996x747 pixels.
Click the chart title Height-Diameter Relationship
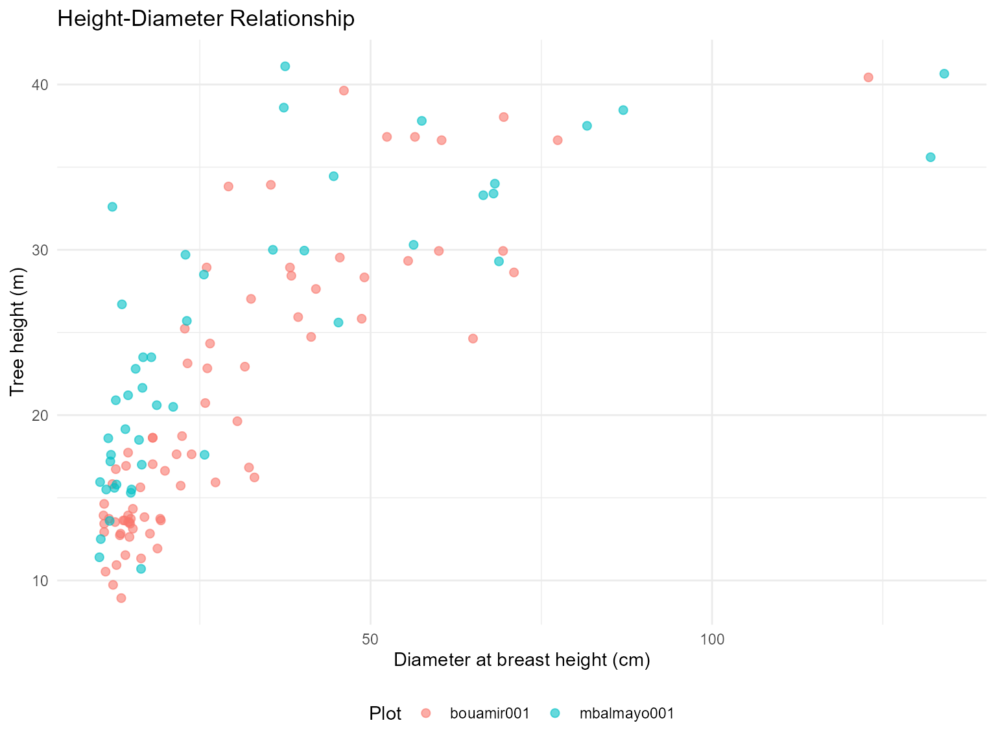(x=206, y=19)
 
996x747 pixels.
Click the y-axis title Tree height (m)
(x=18, y=332)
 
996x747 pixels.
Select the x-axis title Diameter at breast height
(x=521, y=660)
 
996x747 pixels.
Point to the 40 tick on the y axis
(x=43, y=85)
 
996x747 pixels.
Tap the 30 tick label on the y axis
(x=43, y=250)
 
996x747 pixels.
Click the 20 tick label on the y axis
(x=43, y=416)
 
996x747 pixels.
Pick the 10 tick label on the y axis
(x=43, y=581)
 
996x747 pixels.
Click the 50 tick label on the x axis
(x=370, y=640)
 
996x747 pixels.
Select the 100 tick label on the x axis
(x=712, y=640)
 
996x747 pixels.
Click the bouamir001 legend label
(x=490, y=713)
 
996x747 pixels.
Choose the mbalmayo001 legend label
(x=627, y=713)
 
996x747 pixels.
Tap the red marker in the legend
(x=425, y=713)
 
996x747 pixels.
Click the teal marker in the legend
(x=555, y=713)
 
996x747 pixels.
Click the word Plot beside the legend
(x=385, y=714)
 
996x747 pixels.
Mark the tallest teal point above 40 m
(x=285, y=66)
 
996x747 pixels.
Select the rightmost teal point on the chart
(x=944, y=74)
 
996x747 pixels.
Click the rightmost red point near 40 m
(x=868, y=78)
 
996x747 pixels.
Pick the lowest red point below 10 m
(x=121, y=598)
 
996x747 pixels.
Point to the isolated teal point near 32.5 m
(x=112, y=207)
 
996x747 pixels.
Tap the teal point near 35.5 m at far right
(x=931, y=158)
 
